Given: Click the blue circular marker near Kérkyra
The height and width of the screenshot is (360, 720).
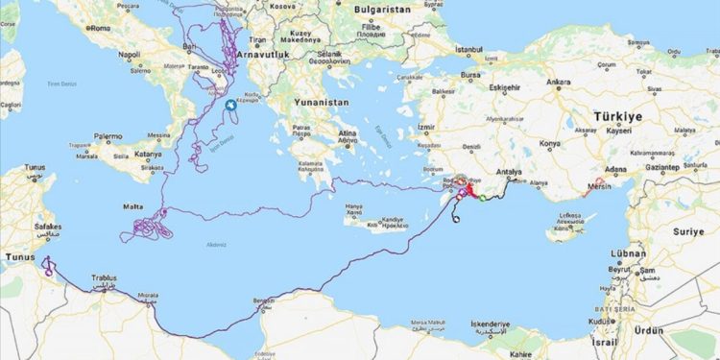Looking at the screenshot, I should [x=230, y=107].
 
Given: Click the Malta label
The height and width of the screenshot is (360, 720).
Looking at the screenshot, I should [x=135, y=205].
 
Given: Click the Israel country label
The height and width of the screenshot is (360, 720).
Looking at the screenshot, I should [x=604, y=342].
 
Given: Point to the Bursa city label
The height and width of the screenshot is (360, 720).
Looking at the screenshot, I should [x=470, y=73].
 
